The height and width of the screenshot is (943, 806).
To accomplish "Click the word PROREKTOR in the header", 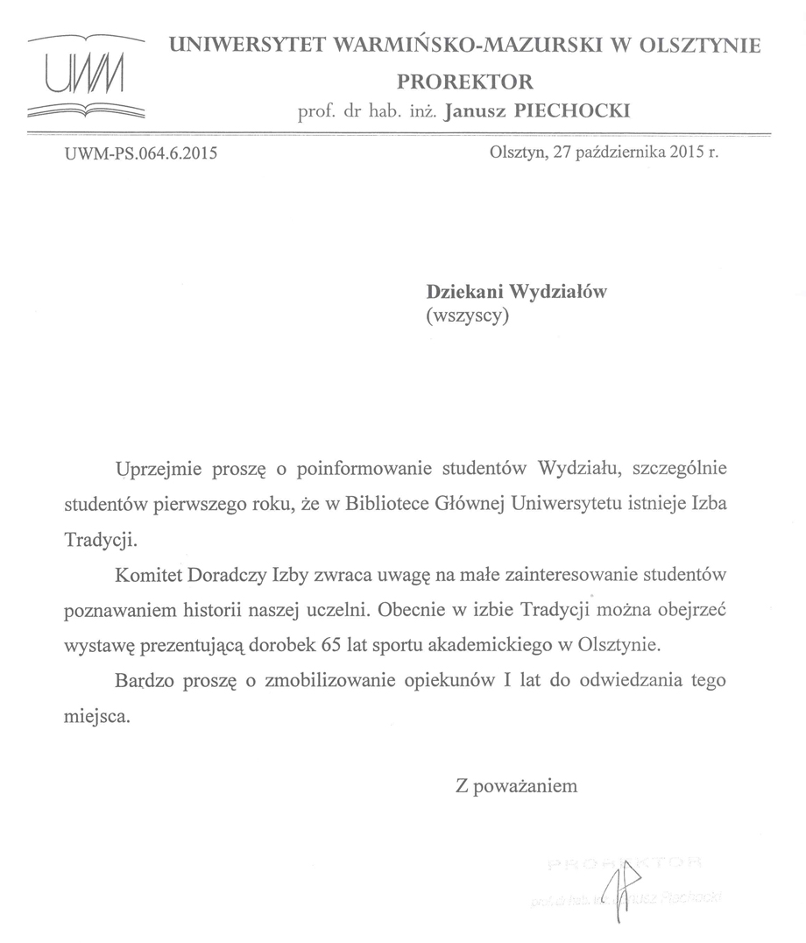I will [x=465, y=82].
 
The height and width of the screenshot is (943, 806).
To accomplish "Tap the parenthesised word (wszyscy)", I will [x=467, y=317].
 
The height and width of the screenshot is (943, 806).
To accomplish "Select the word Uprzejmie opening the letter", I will [x=160, y=469].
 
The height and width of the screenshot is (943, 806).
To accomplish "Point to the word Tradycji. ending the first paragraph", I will [x=101, y=540].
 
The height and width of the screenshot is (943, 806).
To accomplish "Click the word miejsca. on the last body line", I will [x=96, y=717].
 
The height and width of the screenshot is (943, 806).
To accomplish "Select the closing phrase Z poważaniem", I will [x=517, y=786].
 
